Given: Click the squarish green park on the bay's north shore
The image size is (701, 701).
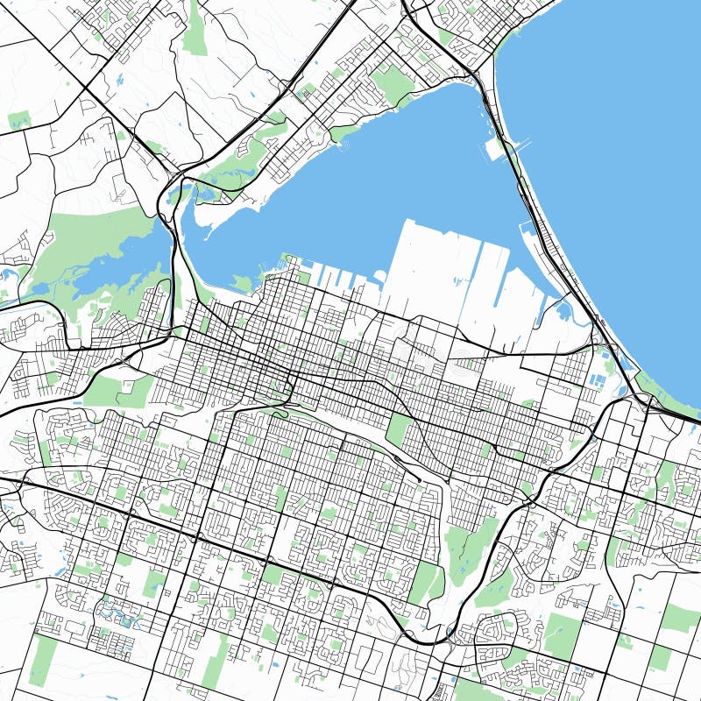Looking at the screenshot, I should (392, 83).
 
